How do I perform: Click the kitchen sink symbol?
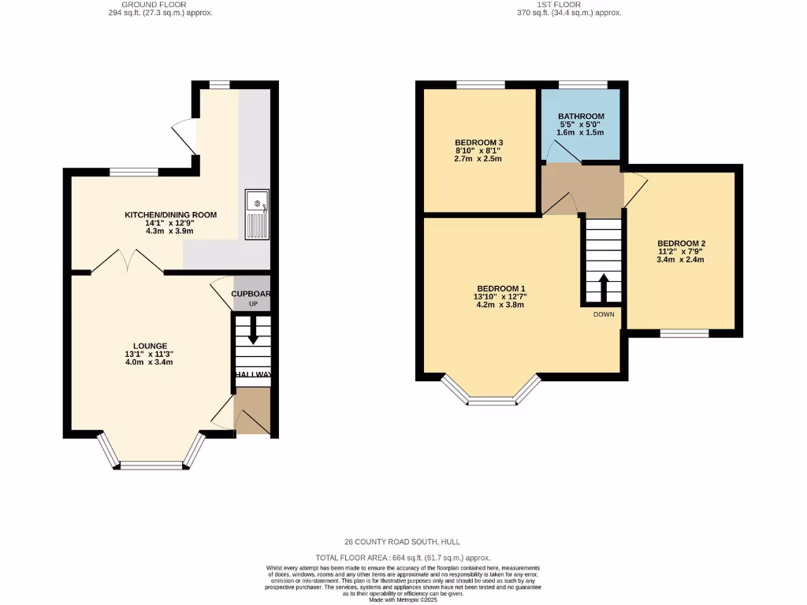(257, 214)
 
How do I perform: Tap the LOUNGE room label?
(150, 346)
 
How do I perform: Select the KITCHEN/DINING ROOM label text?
(170, 215)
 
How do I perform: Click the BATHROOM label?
(581, 117)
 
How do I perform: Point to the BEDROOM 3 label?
(478, 143)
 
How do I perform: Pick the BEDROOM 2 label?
(681, 243)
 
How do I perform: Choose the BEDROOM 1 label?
(500, 288)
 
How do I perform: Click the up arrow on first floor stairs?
(603, 285)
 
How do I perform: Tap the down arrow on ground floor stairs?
(253, 331)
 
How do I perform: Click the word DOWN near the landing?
(604, 314)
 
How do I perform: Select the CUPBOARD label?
(251, 294)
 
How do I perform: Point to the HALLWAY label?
(252, 375)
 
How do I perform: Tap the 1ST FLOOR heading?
(559, 5)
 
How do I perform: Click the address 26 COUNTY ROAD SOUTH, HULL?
(403, 542)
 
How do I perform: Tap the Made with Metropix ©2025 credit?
(403, 600)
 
